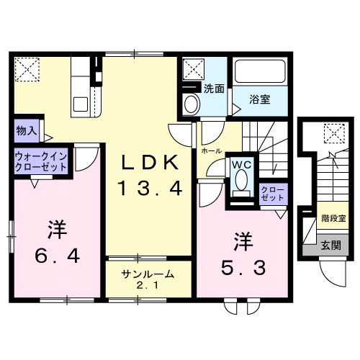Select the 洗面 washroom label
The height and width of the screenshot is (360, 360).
[213, 89]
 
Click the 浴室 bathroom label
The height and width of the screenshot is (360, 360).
[260, 99]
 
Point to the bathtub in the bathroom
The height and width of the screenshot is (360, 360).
[260, 73]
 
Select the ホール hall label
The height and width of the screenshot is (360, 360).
[211, 152]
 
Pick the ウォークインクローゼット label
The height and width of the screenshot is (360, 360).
[41, 160]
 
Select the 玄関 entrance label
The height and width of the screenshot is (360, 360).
[330, 245]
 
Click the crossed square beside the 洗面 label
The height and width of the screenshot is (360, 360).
[192, 69]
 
